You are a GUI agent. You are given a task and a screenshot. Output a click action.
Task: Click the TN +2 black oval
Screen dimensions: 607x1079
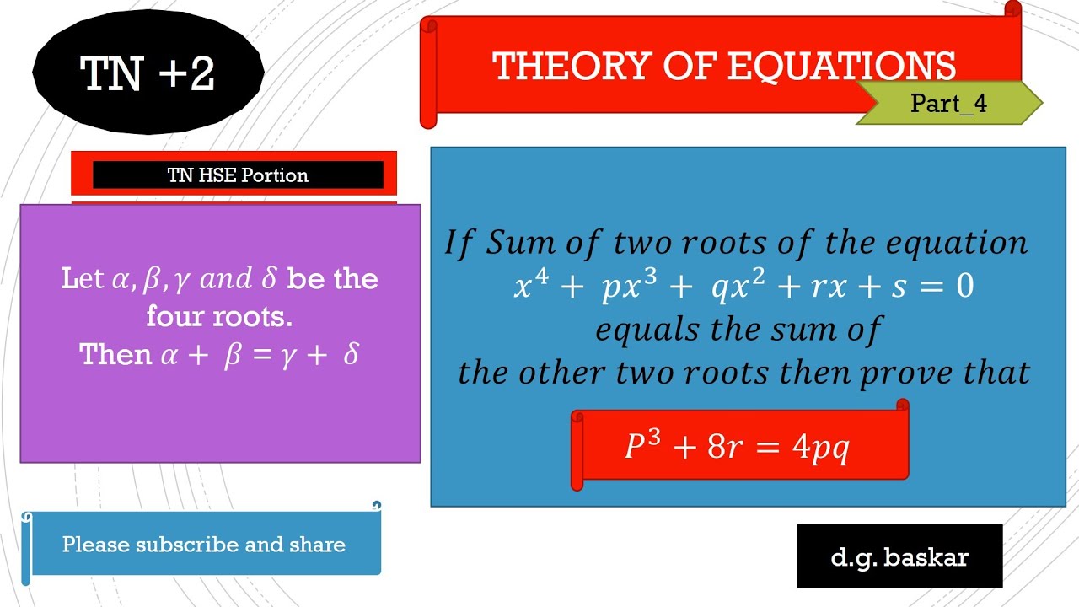point(148,73)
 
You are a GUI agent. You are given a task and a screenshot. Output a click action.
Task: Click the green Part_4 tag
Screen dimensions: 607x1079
point(948,104)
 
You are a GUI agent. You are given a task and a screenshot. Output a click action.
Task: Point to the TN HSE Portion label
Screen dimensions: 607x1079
point(238,175)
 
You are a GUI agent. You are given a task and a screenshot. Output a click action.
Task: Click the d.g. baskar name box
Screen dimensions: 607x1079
point(899,556)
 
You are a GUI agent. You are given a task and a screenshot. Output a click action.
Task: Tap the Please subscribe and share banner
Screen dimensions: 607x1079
point(203,545)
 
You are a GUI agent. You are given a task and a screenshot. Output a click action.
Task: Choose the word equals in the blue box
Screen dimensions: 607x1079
point(647,330)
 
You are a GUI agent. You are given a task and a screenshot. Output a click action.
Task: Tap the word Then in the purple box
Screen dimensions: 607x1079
point(115,355)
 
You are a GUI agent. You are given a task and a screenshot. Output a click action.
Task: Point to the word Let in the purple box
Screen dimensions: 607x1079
point(83,279)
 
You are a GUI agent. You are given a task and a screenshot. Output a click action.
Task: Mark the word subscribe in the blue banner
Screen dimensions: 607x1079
point(187,545)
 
